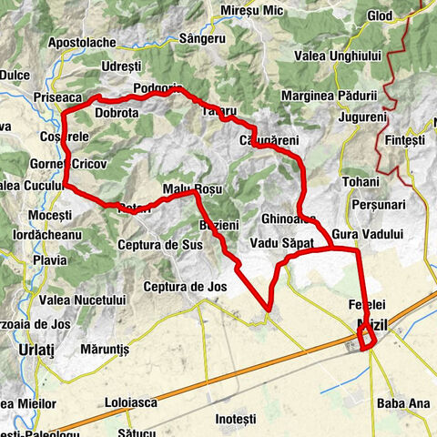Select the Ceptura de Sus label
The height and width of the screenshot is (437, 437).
pyautogui.click(x=160, y=245)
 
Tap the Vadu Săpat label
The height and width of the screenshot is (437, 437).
pyautogui.click(x=281, y=245)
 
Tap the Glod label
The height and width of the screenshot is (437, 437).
pyautogui.click(x=381, y=16)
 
